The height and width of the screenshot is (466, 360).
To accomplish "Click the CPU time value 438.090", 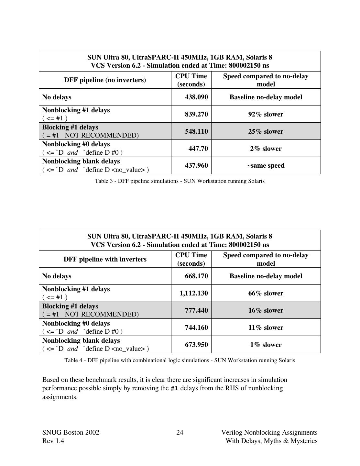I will pyautogui.click(x=196, y=97).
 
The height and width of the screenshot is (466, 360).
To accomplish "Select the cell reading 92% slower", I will pyautogui.click(x=266, y=114).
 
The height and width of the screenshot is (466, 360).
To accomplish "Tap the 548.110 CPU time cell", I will pyautogui.click(x=196, y=131).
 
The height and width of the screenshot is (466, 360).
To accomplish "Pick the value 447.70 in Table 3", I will pyautogui.click(x=198, y=149).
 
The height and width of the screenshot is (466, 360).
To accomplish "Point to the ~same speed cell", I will pyautogui.click(x=266, y=165).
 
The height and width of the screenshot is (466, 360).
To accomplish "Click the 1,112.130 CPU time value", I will pyautogui.click(x=194, y=293).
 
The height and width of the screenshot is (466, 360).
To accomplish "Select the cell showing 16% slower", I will pyautogui.click(x=266, y=310).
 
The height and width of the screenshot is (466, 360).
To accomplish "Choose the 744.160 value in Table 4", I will pyautogui.click(x=196, y=327).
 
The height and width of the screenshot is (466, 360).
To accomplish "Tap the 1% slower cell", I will pyautogui.click(x=266, y=345).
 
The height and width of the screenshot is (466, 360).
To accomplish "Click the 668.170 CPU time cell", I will pyautogui.click(x=196, y=276).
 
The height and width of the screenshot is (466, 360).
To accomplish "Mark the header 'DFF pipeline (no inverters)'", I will pyautogui.click(x=105, y=80).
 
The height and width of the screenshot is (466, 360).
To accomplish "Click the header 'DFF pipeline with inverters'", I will pyautogui.click(x=105, y=259).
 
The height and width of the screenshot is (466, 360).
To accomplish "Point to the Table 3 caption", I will pyautogui.click(x=180, y=181).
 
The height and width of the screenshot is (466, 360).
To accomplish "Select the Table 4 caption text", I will pyautogui.click(x=180, y=360).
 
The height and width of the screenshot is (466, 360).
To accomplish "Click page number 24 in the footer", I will pyautogui.click(x=180, y=432).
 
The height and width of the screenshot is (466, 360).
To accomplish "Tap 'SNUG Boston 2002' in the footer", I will pyautogui.click(x=71, y=432).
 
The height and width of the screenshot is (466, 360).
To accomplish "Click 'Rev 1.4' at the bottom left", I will pyautogui.click(x=53, y=441).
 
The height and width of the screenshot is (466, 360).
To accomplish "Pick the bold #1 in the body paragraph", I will pyautogui.click(x=174, y=388).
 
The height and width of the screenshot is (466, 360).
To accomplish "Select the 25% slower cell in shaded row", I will pyautogui.click(x=266, y=131).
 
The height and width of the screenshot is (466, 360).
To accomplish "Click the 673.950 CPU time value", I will pyautogui.click(x=196, y=345).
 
